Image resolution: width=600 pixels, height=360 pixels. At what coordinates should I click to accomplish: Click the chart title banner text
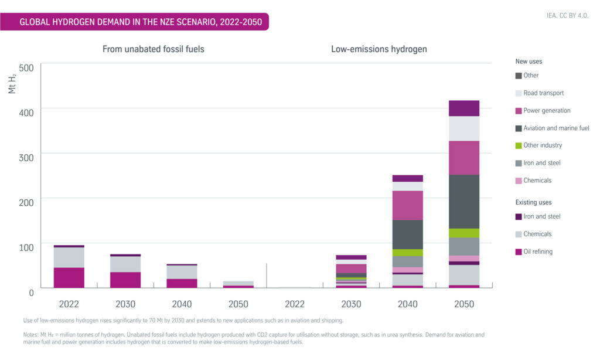141,22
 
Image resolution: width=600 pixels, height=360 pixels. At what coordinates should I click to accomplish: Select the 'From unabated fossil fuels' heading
154,49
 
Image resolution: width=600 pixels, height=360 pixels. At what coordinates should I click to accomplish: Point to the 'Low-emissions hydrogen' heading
379,49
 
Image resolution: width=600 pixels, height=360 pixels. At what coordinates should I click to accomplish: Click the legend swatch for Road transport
519,93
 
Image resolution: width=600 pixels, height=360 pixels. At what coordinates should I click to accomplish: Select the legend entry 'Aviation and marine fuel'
556,128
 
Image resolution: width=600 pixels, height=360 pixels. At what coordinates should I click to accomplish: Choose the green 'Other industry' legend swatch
519,145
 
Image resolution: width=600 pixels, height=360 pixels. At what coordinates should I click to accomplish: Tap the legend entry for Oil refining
538,252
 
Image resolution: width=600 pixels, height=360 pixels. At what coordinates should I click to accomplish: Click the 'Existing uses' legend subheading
533,202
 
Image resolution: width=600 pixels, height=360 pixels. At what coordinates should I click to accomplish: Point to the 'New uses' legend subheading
529,61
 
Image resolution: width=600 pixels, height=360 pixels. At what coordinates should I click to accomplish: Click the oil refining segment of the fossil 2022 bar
69,277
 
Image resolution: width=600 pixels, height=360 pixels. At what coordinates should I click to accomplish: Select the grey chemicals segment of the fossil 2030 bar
125,264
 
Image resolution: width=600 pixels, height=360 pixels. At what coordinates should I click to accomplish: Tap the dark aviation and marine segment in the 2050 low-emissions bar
464,201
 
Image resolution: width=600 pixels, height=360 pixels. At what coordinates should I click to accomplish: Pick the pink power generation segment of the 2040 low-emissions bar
408,205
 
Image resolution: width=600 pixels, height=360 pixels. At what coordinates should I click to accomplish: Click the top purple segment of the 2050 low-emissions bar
464,108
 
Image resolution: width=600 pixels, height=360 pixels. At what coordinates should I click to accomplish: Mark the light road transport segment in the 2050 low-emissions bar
464,128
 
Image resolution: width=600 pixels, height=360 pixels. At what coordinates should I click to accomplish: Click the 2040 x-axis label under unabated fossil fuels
182,304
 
